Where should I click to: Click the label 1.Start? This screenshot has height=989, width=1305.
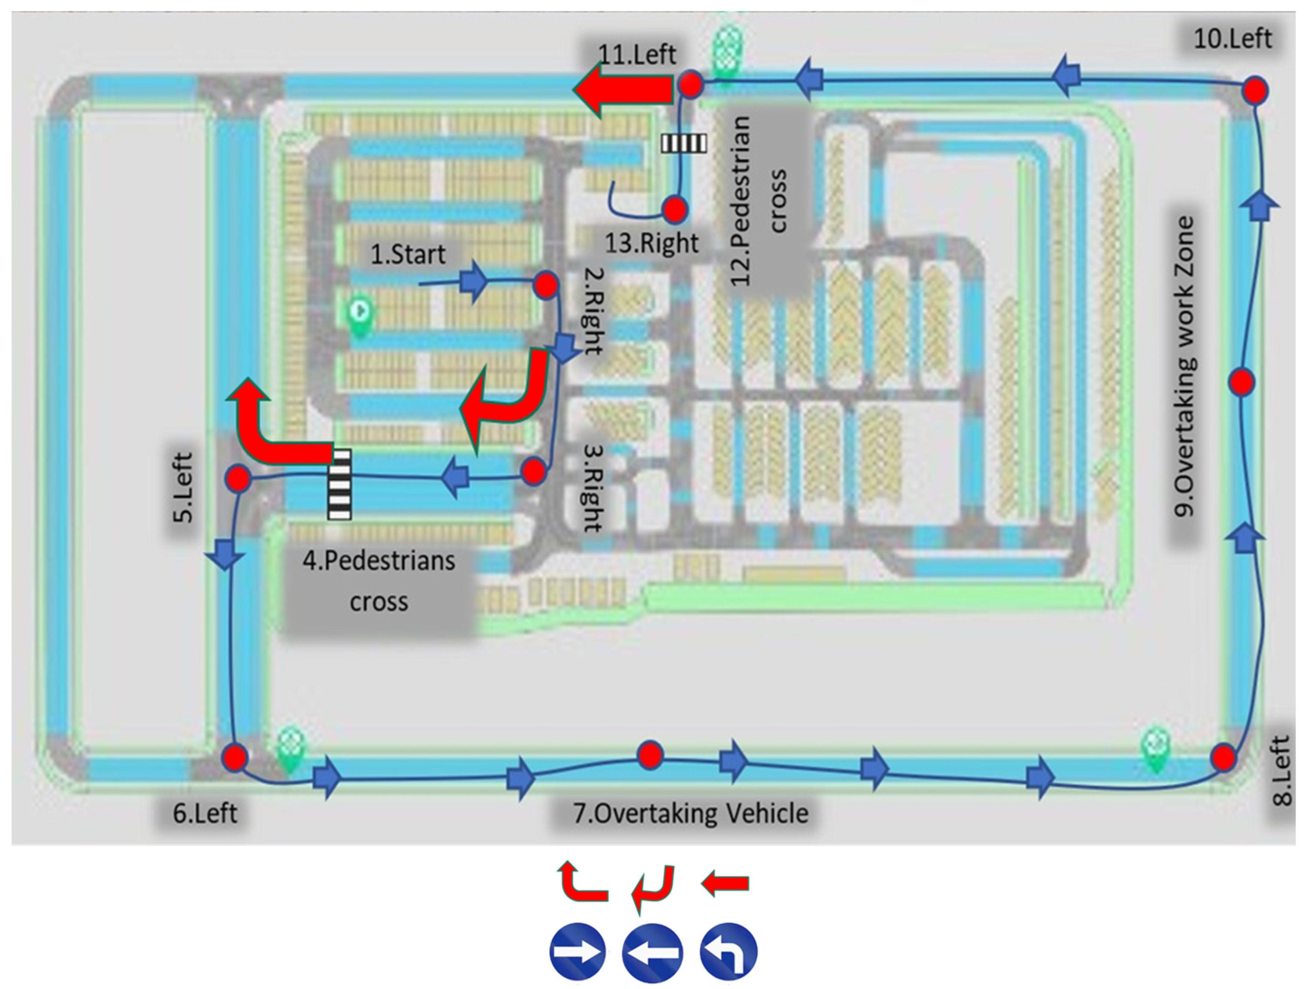[x=408, y=255]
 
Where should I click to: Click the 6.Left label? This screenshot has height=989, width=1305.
[x=205, y=814]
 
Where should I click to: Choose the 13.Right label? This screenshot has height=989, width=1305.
[x=651, y=243]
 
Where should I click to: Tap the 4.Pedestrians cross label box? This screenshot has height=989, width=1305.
[x=379, y=581]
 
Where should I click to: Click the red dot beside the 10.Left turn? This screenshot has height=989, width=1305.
[x=1254, y=91]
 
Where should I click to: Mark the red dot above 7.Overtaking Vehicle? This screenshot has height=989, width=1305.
[x=650, y=755]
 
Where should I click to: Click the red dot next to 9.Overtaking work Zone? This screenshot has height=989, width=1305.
[x=1242, y=382]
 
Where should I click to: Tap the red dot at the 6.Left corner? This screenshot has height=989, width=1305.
[x=235, y=756]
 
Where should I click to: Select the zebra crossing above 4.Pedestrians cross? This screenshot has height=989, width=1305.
[x=340, y=484]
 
